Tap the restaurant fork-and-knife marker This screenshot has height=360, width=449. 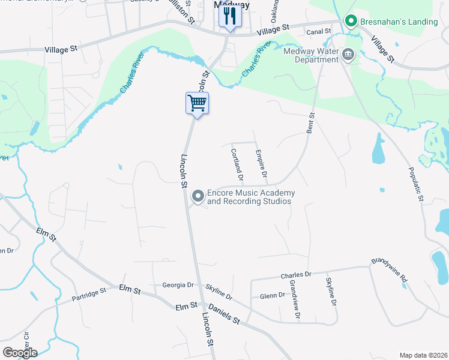pyautogui.click(x=229, y=18)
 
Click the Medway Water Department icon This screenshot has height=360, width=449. pyautogui.click(x=348, y=56)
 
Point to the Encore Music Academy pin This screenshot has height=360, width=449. pyautogui.click(x=197, y=196)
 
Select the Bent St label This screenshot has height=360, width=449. pyautogui.click(x=311, y=122)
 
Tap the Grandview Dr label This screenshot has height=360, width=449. pyautogui.click(x=294, y=298)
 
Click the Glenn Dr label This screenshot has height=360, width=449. pyautogui.click(x=272, y=295)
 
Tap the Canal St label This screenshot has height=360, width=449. pyautogui.click(x=319, y=31)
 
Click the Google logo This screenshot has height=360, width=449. pyautogui.click(x=20, y=353)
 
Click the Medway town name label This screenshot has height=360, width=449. pyautogui.click(x=232, y=5)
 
